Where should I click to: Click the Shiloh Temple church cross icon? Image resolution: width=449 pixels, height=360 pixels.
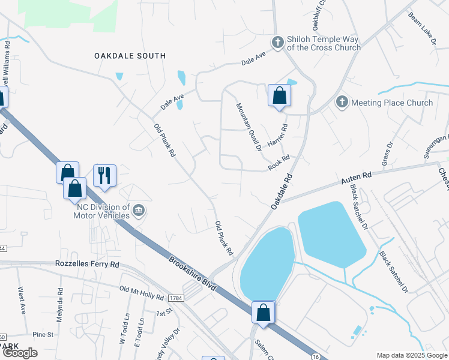[277, 43]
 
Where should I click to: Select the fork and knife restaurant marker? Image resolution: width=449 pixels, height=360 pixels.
[104, 175]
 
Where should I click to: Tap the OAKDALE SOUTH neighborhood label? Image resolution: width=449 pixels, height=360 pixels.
[130, 56]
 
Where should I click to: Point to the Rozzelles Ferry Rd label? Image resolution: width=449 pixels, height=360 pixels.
[87, 264]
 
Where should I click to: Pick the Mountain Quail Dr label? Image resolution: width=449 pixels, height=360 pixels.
[249, 127]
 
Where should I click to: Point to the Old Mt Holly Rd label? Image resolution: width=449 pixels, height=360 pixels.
[142, 293]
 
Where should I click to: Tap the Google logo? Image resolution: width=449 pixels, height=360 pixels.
[20, 353]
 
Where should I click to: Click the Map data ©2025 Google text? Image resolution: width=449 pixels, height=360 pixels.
[412, 355]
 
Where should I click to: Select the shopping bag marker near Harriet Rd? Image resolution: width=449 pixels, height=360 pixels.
[279, 95]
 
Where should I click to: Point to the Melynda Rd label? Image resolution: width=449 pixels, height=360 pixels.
[61, 305]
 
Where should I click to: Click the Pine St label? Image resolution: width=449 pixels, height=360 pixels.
[43, 334]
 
